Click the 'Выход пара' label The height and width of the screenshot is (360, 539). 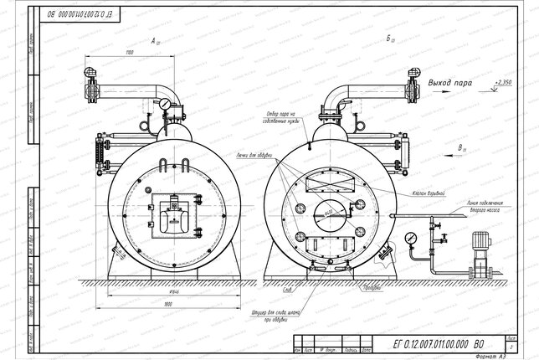click(x=450, y=84)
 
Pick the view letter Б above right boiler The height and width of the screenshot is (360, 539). click(x=389, y=39)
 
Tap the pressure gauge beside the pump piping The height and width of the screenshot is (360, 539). click(x=410, y=239)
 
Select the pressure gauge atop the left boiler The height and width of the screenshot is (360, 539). click(x=167, y=105)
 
